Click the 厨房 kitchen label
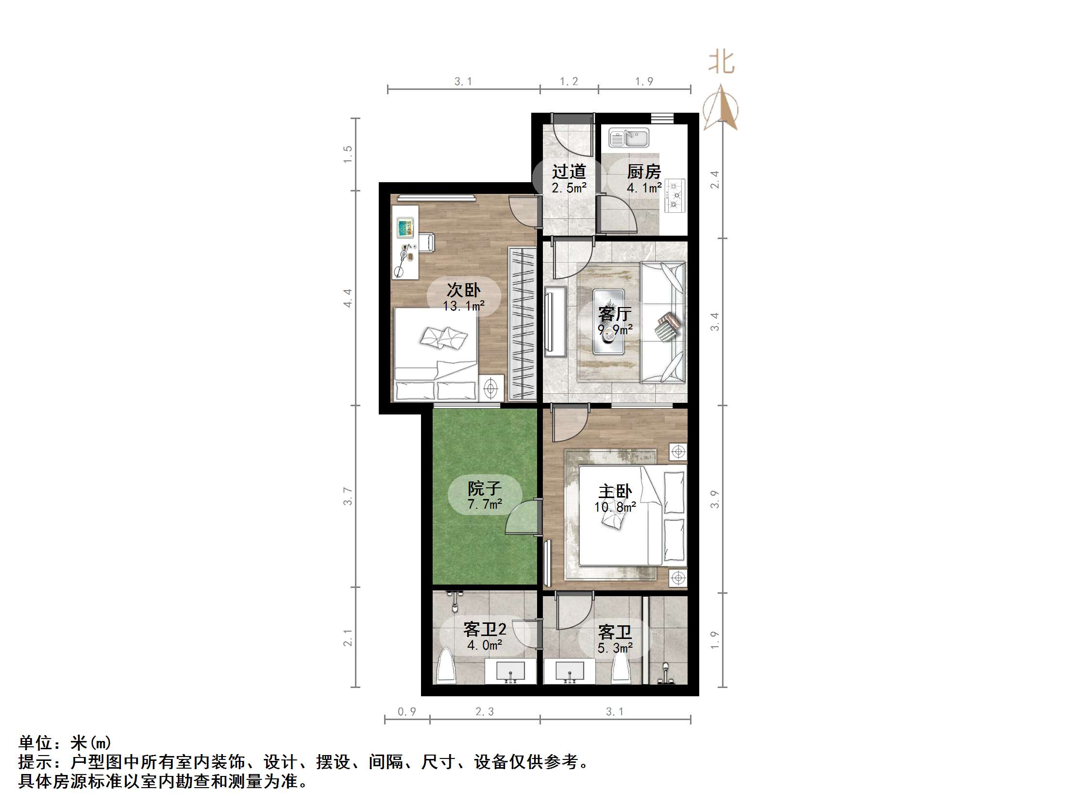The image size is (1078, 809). [644, 172]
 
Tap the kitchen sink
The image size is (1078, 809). [629, 138]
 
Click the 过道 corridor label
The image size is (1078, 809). [569, 172]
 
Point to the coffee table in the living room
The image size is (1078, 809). [608, 322]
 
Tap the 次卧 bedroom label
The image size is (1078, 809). [463, 290]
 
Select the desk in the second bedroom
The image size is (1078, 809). [405, 241]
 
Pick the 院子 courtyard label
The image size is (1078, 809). [485, 488]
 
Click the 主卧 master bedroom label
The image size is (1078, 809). [615, 492]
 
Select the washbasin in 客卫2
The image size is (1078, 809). [510, 672]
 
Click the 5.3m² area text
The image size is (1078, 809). [615, 649]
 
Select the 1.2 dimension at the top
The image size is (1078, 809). [569, 82]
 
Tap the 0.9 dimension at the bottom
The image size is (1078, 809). [407, 711]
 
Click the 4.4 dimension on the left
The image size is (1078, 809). [348, 298]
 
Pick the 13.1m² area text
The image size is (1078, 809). [463, 306]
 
